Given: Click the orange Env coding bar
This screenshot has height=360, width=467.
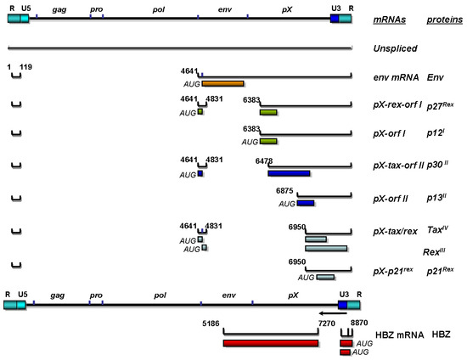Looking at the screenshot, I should pos(222,83).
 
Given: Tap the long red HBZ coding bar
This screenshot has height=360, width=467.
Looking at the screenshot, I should pos(271,343).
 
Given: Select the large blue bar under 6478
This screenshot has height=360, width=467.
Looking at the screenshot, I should pos(289,173).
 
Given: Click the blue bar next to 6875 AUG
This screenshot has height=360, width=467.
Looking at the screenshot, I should pos(306,204).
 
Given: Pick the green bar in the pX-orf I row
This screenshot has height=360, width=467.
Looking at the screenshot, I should pos(268,141).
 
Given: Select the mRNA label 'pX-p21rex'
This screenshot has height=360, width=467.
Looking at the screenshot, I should pos(396,271).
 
